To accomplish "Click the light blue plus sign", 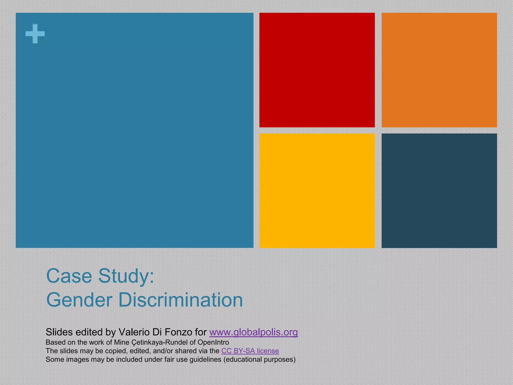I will coord(35,34).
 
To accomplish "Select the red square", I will coord(317,70).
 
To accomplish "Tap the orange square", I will coord(439,70).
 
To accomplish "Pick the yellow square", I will coord(317,190).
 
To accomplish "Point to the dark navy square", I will coord(439,190).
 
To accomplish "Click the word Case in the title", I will coord(69,276).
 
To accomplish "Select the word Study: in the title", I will coord(126,276).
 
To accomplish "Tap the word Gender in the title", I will coord(79,300).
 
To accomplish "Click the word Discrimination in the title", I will coord(180,300).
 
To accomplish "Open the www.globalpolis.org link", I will coord(253,332).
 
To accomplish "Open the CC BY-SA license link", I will coord(250,351).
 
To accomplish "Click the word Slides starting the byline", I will coord(59,332).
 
